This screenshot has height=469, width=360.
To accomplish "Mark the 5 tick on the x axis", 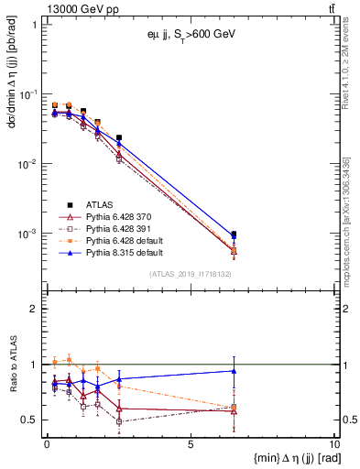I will pyautogui.click(x=190, y=444).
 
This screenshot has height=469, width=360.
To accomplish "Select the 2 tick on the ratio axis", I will pyautogui.click(x=35, y=309).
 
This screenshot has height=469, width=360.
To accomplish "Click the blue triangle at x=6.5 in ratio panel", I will pyautogui.click(x=234, y=371).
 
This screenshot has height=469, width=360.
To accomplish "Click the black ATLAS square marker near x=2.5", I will pyautogui.click(x=119, y=137).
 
